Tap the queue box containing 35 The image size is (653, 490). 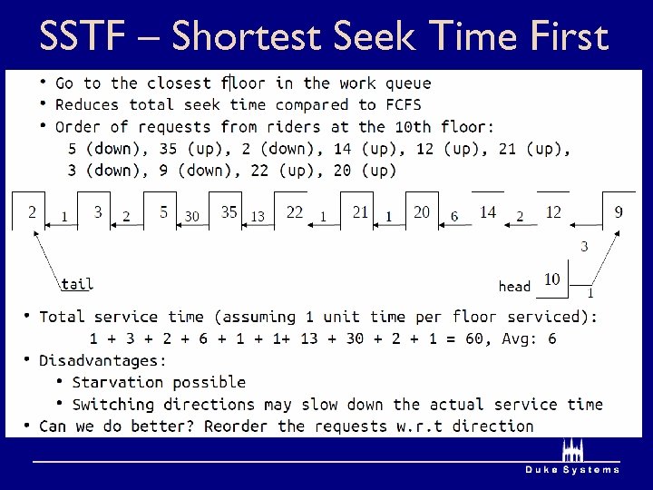229,211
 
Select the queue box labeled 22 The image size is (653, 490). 294,211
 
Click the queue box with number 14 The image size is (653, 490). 488,211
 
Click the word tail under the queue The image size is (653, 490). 77,283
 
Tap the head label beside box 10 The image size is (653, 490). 514,286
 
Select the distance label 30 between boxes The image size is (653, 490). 191,216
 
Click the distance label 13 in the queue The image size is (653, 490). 258,216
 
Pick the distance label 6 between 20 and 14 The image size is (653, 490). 454,216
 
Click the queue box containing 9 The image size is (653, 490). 619,211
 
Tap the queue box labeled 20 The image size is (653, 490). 422,211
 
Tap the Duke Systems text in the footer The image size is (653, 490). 572,470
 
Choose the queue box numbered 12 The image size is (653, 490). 553,211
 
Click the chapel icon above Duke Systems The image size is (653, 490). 571,451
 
